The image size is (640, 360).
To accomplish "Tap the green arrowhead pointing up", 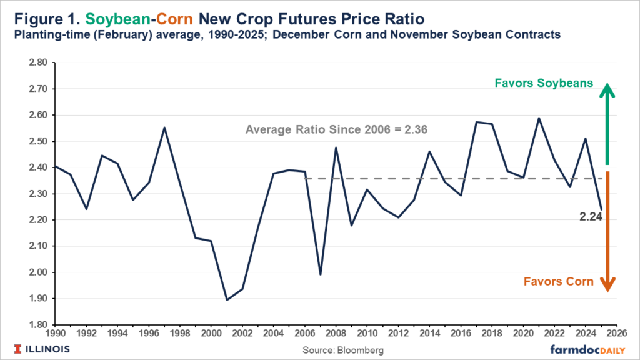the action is coord(607,91).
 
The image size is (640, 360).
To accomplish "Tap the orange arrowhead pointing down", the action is coord(607,284).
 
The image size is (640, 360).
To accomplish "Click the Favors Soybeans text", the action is coord(543,83).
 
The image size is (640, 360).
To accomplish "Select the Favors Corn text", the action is coord(559,281).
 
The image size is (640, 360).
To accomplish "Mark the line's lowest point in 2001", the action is coord(226,300).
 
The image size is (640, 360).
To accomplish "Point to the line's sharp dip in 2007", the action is coord(320,274).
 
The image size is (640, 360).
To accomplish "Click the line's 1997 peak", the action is coord(164,127).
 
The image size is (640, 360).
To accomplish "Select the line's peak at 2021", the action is coord(538,117).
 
